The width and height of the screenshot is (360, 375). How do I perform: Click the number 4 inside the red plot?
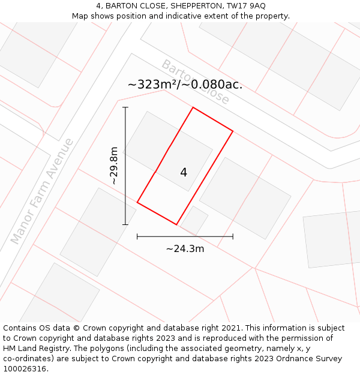pyautogui.click(x=184, y=173)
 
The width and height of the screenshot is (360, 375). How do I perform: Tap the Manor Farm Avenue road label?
pyautogui.click(x=42, y=191)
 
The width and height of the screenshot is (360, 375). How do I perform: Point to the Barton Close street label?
pyautogui.click(x=195, y=82)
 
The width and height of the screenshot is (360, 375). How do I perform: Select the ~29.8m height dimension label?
pyautogui.click(x=113, y=166)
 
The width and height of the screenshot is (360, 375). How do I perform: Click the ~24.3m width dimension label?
pyautogui.click(x=185, y=248)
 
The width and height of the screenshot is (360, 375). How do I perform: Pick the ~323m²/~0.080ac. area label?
pyautogui.click(x=185, y=85)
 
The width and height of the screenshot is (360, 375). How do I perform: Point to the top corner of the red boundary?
pyautogui.click(x=193, y=107)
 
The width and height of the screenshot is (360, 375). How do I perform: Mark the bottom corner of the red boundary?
pyautogui.click(x=176, y=224)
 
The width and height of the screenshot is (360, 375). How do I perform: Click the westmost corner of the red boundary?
pyautogui.click(x=137, y=202)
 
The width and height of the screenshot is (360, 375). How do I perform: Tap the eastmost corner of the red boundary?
pyautogui.click(x=233, y=131)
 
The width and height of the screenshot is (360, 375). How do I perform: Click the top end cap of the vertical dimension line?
pyautogui.click(x=125, y=107)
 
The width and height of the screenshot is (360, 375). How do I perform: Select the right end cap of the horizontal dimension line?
pyautogui.click(x=233, y=236)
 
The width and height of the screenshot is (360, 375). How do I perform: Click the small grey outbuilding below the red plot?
pyautogui.click(x=194, y=220)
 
